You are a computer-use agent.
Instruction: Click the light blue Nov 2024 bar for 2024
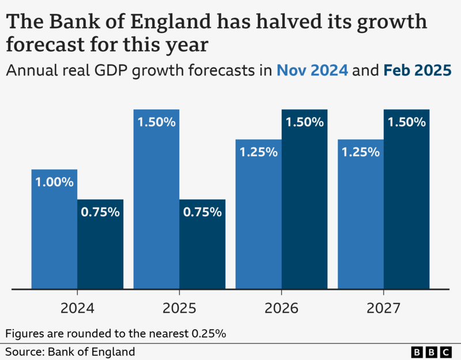[x=54, y=230]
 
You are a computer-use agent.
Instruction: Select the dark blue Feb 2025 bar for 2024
[x=100, y=245]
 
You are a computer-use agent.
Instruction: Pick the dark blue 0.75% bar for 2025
[x=202, y=245]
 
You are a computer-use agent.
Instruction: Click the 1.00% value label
[x=54, y=182]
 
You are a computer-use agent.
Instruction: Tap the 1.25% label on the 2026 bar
[x=258, y=152]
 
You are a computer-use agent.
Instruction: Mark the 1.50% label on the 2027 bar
[x=406, y=122]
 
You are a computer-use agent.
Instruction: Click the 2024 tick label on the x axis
[x=77, y=308]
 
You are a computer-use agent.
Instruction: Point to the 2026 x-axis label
[x=281, y=308]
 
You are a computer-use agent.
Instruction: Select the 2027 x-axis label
[x=383, y=308]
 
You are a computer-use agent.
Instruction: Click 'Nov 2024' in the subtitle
[x=312, y=71]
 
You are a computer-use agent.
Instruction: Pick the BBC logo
[x=432, y=351]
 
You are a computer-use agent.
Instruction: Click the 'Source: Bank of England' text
[x=70, y=351]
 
